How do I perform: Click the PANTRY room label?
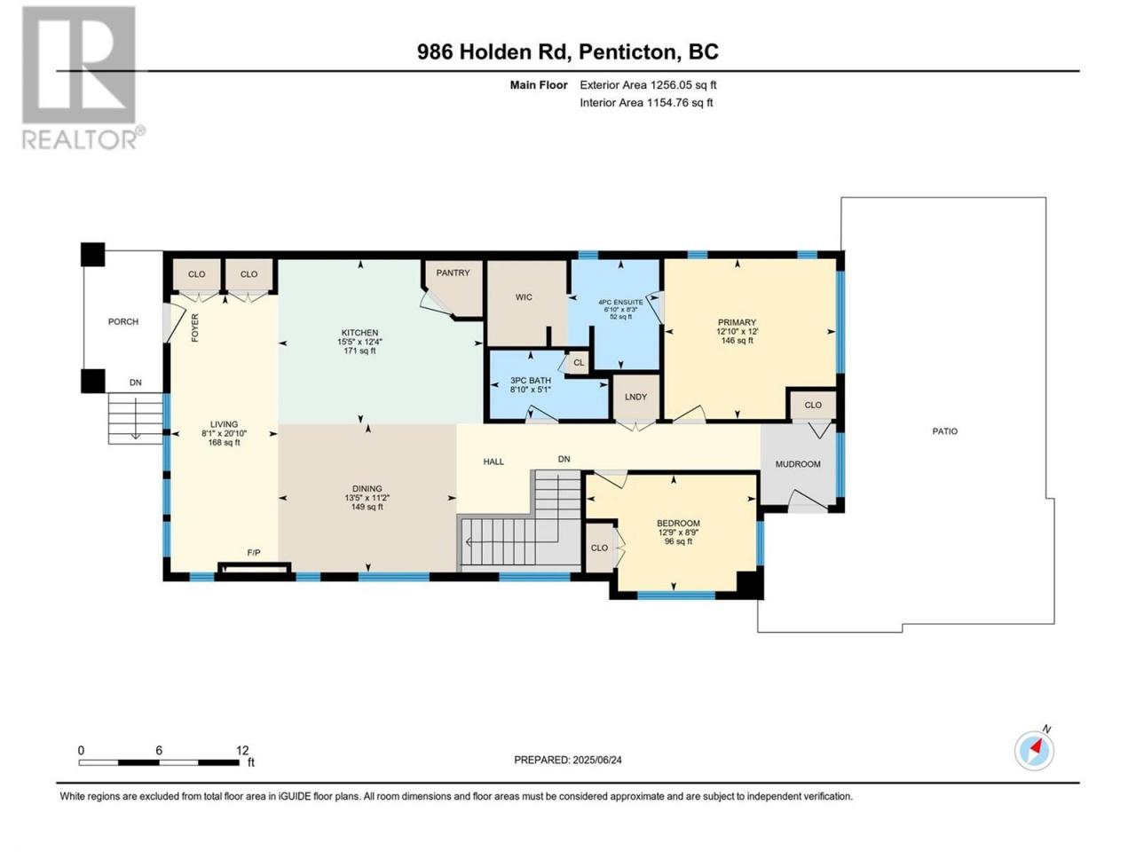tap(453, 272)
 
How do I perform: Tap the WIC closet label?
tap(524, 297)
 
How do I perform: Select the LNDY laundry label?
tap(635, 397)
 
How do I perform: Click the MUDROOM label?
tap(798, 464)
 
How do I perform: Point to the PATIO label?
tap(944, 431)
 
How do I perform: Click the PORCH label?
tap(123, 321)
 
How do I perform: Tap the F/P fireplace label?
tap(254, 553)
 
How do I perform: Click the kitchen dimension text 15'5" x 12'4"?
tap(359, 342)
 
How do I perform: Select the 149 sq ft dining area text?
tap(367, 507)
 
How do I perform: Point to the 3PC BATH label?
tap(531, 380)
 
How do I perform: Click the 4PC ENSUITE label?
tap(620, 302)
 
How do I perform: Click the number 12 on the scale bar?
tap(242, 750)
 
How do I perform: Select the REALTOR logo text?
tap(80, 139)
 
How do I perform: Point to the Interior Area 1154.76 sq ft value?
tap(646, 102)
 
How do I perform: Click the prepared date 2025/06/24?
tap(597, 760)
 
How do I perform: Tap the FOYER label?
tap(194, 327)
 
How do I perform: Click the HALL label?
tap(493, 461)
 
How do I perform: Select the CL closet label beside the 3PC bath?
tap(579, 362)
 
